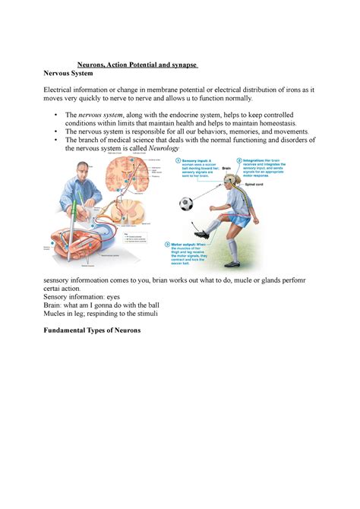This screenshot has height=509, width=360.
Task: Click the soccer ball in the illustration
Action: tap(186, 204)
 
